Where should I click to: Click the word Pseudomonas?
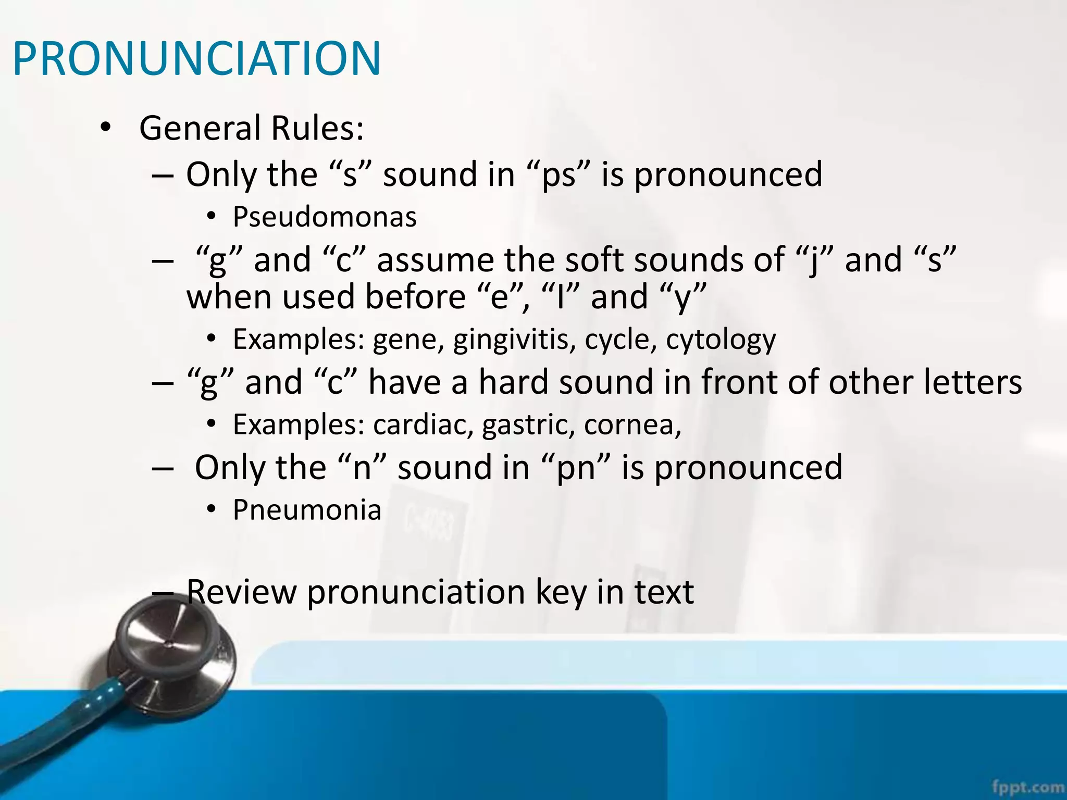(325, 217)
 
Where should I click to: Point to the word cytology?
(721, 340)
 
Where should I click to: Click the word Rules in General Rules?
(317, 128)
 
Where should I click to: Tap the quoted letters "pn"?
(576, 467)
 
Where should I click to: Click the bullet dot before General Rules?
(105, 128)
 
